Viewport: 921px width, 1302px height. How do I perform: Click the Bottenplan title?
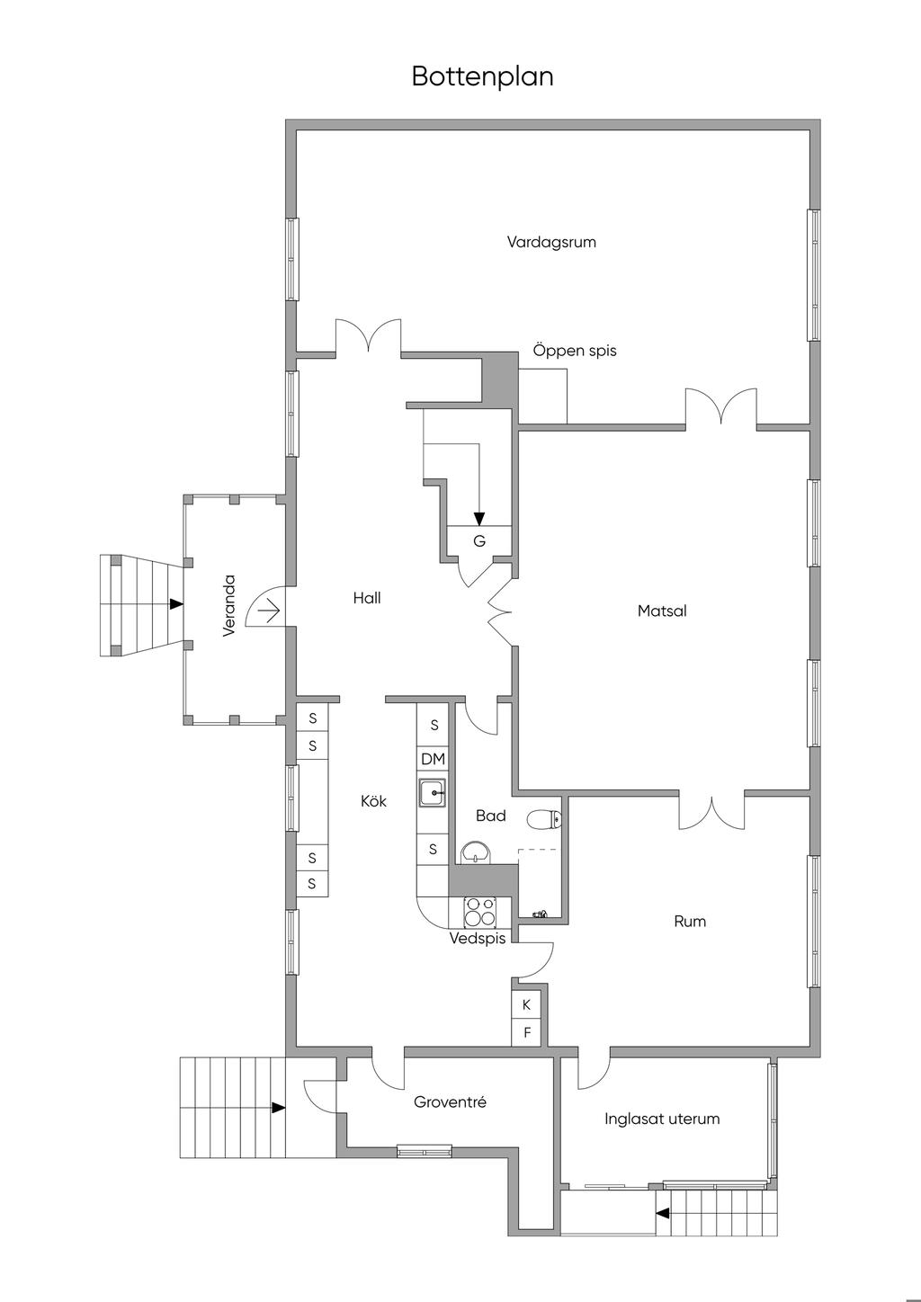(482, 76)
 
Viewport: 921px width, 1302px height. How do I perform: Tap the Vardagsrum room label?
(551, 243)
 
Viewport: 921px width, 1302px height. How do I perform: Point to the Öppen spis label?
(575, 351)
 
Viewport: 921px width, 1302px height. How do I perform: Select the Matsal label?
(662, 611)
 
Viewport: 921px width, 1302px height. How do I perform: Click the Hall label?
(366, 598)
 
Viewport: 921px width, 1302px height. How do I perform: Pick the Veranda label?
(229, 606)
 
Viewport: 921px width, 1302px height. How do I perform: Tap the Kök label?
(373, 801)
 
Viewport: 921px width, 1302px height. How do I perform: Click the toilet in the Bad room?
(544, 819)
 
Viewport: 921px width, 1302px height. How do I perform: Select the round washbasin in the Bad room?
(476, 853)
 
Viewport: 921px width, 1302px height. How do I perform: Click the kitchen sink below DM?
(433, 792)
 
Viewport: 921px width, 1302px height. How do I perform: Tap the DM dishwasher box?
(433, 759)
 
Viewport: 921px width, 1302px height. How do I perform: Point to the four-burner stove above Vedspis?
(479, 912)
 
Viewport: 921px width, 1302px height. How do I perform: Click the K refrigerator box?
(526, 1004)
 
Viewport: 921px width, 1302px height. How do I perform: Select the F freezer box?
(527, 1033)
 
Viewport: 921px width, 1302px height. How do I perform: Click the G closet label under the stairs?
(479, 541)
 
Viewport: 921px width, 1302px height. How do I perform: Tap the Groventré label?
(450, 1102)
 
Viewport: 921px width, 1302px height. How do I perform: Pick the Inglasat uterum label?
(662, 1119)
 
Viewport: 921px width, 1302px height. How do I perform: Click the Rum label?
(690, 922)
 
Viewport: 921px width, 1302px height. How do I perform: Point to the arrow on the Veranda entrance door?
(270, 611)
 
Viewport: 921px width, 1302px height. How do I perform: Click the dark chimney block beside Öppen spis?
(500, 380)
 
